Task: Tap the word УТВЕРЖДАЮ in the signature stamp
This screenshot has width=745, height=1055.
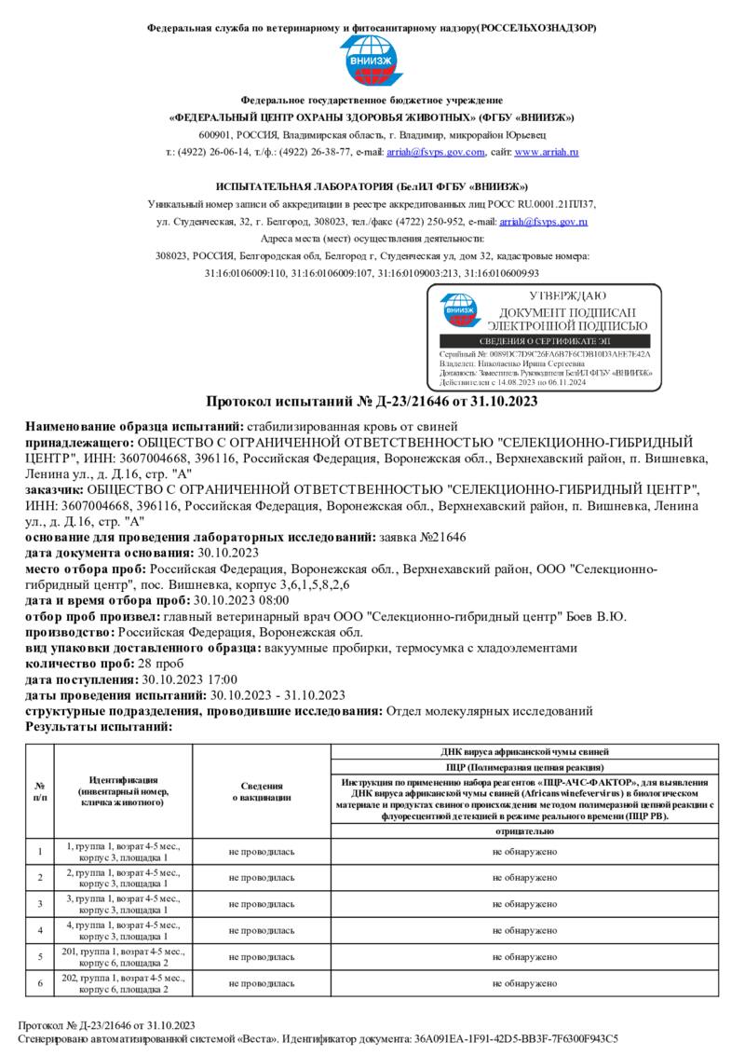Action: pos(567,296)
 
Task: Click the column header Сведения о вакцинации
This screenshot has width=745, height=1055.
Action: pos(262,791)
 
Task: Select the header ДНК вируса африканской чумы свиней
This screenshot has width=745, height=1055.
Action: pos(525,750)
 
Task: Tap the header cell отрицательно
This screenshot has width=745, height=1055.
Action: pos(525,830)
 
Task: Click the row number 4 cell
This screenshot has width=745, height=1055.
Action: pos(40,930)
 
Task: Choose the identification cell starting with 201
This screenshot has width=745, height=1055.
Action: pos(124,956)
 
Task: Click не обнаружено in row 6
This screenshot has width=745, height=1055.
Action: pos(525,983)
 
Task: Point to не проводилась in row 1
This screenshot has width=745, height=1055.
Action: pos(262,851)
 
